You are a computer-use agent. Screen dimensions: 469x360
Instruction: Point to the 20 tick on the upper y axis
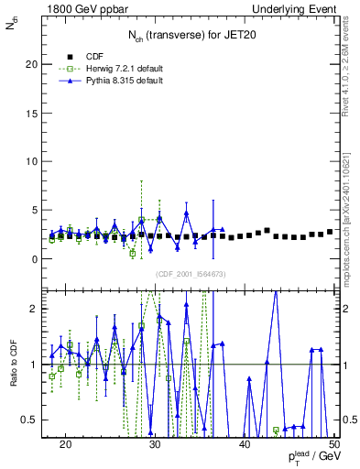36,64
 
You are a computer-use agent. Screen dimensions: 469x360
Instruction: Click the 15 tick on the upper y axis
36,113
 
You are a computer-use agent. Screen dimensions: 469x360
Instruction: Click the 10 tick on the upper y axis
36,161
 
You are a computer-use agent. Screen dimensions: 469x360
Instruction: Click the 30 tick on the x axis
155,444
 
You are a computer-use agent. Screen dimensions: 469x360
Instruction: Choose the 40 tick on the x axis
245,444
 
